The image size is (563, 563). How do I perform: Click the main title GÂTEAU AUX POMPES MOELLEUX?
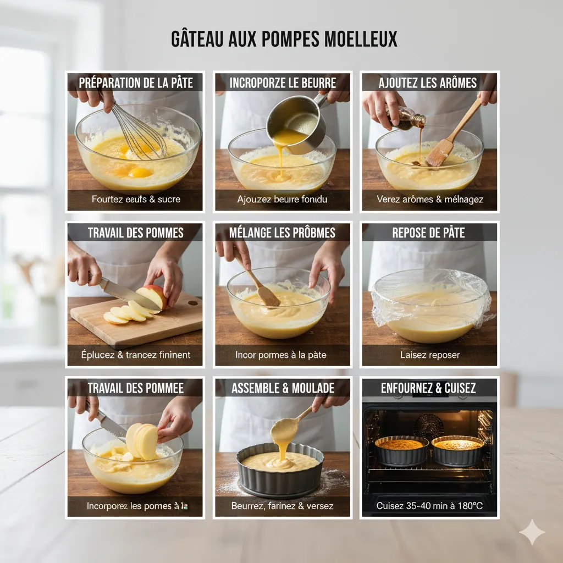(x=284, y=40)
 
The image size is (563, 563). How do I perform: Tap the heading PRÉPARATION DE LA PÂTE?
(x=136, y=83)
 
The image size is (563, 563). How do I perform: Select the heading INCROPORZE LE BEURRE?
(x=283, y=83)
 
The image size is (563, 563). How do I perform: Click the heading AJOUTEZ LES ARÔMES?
(x=428, y=83)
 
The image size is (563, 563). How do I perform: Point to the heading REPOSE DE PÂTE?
(x=428, y=233)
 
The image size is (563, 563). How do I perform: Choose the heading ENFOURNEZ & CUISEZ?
(x=428, y=388)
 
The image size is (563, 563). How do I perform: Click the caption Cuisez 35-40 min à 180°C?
(x=429, y=505)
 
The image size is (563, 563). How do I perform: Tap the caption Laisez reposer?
(x=429, y=355)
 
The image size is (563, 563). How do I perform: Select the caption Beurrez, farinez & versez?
(x=282, y=505)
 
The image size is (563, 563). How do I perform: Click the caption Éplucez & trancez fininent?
(x=135, y=355)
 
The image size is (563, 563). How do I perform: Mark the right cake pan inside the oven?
(x=458, y=449)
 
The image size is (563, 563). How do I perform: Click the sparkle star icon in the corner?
(x=532, y=532)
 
